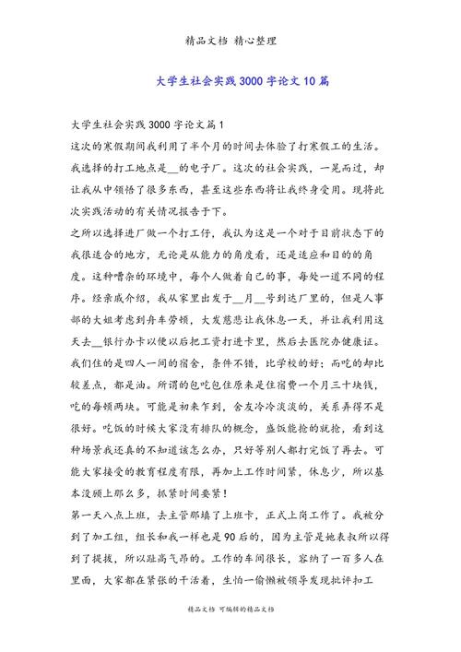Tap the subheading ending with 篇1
click(x=148, y=124)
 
